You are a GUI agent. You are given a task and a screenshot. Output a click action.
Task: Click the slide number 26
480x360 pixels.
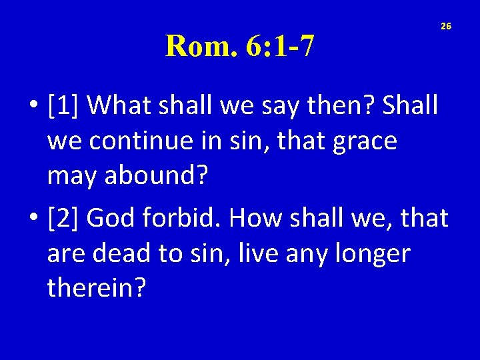click(x=446, y=26)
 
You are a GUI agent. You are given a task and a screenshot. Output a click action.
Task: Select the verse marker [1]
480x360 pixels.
click(x=64, y=105)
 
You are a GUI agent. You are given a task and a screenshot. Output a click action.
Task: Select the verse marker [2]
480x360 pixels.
click(x=64, y=217)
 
